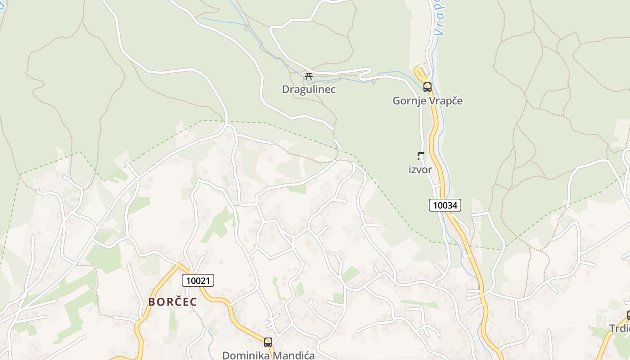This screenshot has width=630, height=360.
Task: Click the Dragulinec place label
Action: point(309,89)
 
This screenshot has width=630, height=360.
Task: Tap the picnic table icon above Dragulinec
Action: point(308,76)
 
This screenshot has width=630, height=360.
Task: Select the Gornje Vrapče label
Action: point(427,100)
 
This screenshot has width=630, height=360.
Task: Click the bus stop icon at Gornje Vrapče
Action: point(427,87)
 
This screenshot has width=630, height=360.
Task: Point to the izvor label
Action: point(420,170)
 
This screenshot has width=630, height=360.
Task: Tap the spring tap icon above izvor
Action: point(420,156)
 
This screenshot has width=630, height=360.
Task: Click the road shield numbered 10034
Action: point(445,205)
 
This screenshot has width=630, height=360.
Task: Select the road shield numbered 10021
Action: point(198,280)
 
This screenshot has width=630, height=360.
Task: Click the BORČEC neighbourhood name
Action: point(173,302)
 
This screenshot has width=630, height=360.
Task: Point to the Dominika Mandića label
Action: point(268,355)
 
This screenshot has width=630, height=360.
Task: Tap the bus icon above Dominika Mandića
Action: point(268,342)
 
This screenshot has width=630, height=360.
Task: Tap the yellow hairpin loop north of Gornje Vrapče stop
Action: point(420,71)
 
